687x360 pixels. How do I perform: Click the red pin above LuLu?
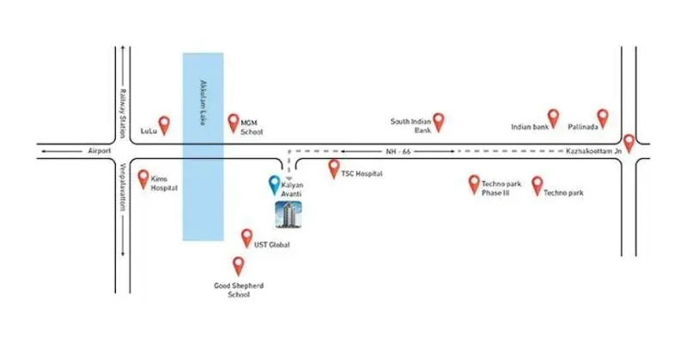pyautogui.click(x=163, y=125)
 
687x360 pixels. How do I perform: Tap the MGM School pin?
pyautogui.click(x=233, y=122)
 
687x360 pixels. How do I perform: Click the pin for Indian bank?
pyautogui.click(x=553, y=117)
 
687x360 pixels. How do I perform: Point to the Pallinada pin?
pyautogui.click(x=602, y=117)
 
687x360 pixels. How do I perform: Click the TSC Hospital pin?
pyautogui.click(x=334, y=167)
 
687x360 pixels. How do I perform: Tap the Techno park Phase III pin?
pyautogui.click(x=473, y=182)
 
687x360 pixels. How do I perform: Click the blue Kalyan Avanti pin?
pyautogui.click(x=274, y=183)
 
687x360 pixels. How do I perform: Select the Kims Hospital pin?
pyautogui.click(x=143, y=177)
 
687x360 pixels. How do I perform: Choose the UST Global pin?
pyautogui.click(x=246, y=236)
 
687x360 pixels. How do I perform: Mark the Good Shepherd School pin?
pyautogui.click(x=239, y=264)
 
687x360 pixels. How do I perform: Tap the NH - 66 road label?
pyautogui.click(x=400, y=151)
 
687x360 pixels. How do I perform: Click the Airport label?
pyautogui.click(x=100, y=151)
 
